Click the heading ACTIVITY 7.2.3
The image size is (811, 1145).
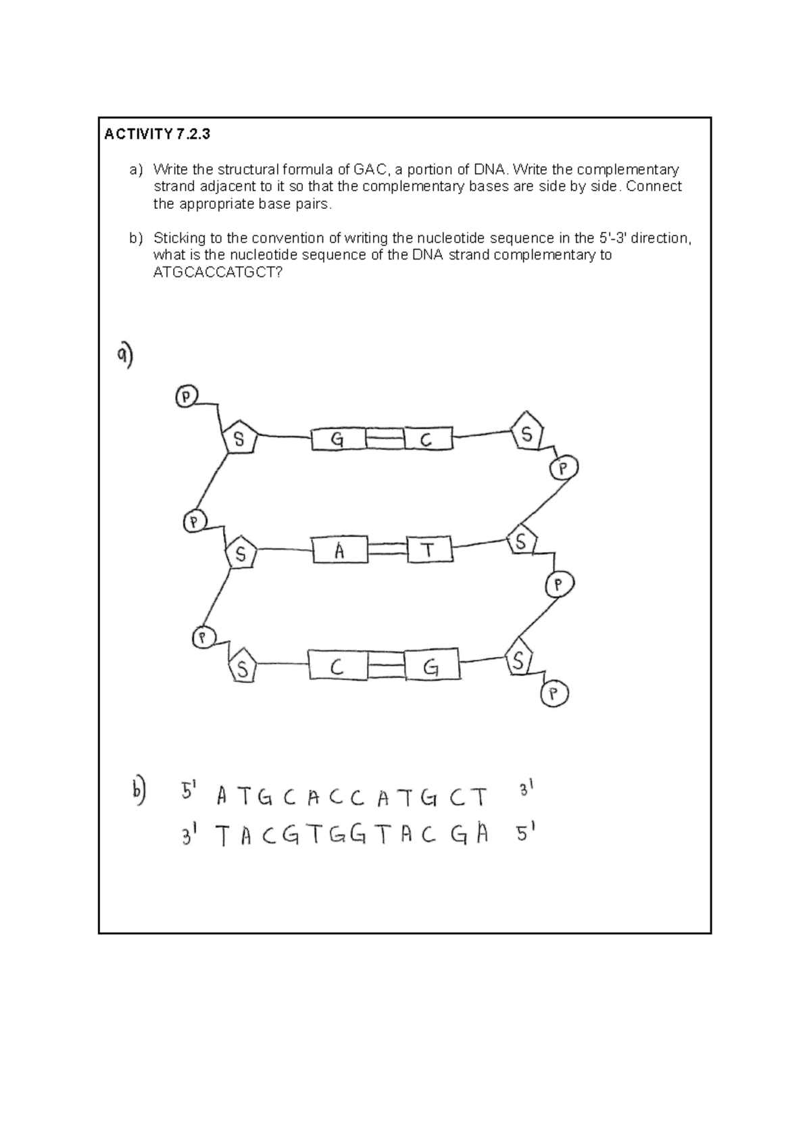point(157,134)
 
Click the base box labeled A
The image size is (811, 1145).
point(340,551)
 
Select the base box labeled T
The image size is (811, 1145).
point(429,550)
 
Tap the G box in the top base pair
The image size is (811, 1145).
point(338,440)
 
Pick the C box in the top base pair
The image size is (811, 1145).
point(427,440)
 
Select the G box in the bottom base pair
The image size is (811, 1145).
point(431,667)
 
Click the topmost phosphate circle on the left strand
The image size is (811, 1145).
point(187,397)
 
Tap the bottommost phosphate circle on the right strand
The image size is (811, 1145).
point(555,694)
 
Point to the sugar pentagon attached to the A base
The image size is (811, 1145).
point(241,554)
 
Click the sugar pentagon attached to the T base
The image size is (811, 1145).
point(521,541)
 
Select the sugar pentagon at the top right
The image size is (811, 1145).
point(527,433)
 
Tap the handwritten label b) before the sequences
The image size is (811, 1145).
point(138,791)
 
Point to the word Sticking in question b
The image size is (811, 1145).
point(178,238)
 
